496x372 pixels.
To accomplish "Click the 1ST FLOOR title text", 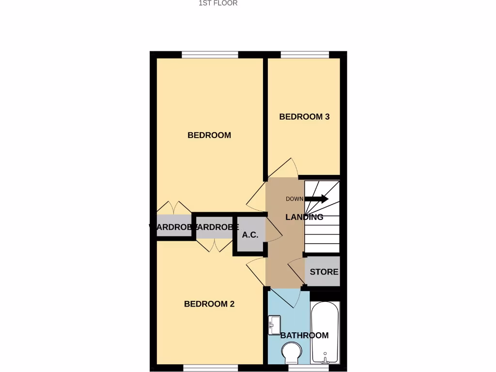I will (218, 3).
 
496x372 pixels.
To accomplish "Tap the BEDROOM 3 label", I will (304, 117).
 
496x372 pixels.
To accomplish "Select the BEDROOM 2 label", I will (209, 304).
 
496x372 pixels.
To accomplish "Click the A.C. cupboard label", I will (250, 235).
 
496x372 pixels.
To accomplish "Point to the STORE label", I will (324, 272).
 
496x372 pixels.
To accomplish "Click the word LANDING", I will (304, 217).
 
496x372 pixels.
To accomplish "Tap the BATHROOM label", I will (304, 335).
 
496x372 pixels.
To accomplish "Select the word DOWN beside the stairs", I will (294, 199).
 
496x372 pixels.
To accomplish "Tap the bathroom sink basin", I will (274, 325).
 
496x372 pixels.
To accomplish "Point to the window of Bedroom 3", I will (305, 54).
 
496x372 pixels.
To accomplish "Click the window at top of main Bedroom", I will (210, 54).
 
